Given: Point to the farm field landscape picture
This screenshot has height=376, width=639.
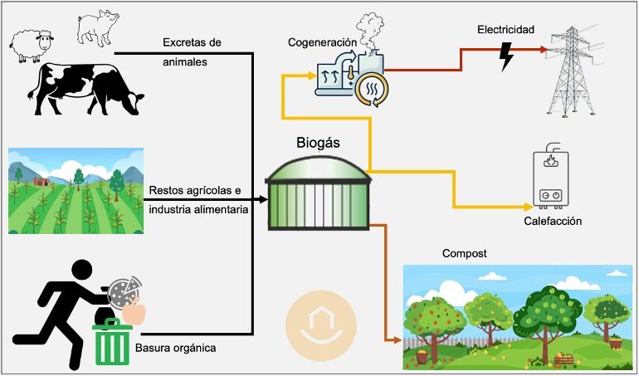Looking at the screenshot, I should (x=75, y=190).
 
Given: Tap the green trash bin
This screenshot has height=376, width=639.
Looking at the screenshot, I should (x=113, y=343).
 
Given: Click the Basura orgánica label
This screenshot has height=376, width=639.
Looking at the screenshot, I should (x=175, y=348).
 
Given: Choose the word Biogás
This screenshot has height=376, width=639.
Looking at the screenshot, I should (x=318, y=142).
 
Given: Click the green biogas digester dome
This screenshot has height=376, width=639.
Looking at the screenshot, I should (x=318, y=196).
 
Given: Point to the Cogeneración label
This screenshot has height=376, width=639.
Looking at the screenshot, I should (x=322, y=42).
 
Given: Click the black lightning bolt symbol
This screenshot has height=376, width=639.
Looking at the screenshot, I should (x=506, y=56).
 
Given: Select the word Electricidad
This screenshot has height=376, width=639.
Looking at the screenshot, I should (x=505, y=31).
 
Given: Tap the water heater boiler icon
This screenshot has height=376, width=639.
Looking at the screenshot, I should (x=550, y=179).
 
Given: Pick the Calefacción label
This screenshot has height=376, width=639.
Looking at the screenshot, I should (x=553, y=222).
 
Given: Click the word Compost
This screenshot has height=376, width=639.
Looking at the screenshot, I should (x=464, y=252).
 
